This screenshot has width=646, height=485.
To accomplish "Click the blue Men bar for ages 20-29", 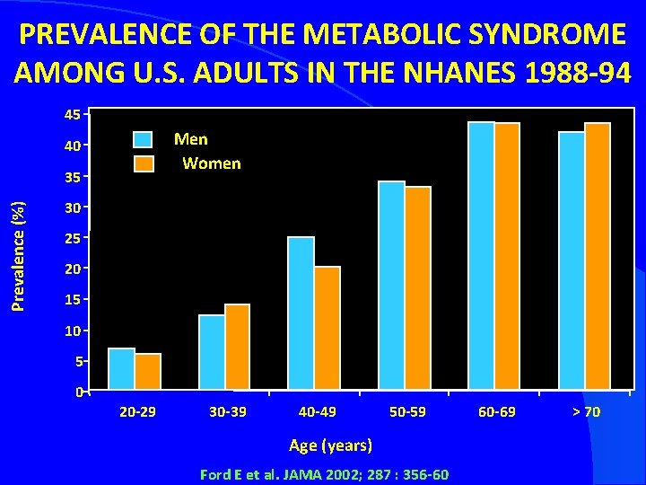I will coord(121,369).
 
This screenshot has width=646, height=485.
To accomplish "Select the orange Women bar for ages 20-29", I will coord(148,372).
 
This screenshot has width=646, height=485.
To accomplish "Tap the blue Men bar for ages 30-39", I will coord(212,353).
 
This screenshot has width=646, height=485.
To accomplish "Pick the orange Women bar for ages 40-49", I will coord(327,329).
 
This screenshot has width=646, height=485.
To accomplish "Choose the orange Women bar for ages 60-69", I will coord(507,257).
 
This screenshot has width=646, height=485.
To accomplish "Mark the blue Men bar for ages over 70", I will coord(571,261).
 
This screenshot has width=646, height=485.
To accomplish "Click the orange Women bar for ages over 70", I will coord(598,257).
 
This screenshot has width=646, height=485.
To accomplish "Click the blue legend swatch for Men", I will coord(144,139).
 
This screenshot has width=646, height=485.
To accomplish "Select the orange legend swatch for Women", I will coord(144,163).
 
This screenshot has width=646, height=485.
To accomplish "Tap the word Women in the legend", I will coord(211,163).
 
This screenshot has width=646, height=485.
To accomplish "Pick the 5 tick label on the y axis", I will coord(78,361).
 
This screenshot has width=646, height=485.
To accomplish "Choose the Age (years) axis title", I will coord(330,445).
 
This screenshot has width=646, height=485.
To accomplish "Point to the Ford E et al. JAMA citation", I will coord(325,474).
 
